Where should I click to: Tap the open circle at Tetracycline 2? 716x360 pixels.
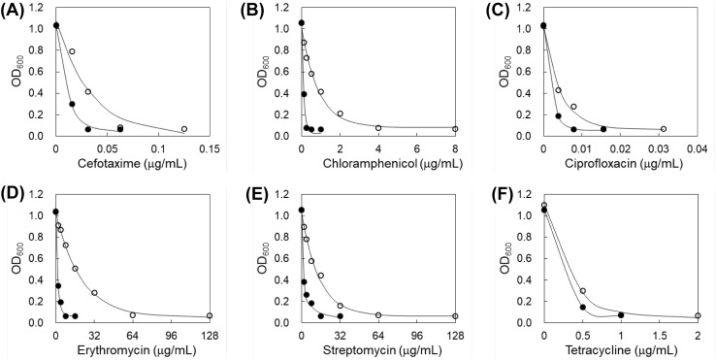point(698,316)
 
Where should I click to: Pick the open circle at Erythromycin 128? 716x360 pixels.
point(210,316)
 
